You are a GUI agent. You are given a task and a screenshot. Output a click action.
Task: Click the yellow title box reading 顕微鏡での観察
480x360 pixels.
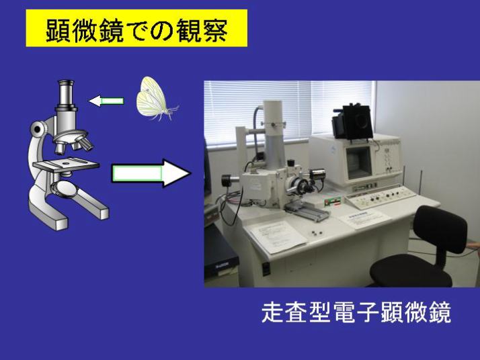tap(136, 28)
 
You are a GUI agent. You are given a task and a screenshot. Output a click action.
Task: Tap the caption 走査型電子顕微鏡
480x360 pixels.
tap(356, 312)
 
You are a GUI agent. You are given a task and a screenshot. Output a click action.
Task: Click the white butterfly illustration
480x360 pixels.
tap(157, 99)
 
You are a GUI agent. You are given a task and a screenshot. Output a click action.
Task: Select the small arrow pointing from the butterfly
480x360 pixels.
tap(106, 101)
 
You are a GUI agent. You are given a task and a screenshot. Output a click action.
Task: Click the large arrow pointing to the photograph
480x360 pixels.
tap(151, 173)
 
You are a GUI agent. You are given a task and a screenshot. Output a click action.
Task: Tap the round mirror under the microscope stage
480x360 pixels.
tap(65, 188)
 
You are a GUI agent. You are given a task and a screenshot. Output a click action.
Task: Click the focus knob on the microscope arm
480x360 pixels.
tap(38, 130)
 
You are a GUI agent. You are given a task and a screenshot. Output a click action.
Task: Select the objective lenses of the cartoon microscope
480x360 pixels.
tap(73, 144)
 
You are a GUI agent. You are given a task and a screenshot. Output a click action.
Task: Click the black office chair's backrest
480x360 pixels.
tap(440, 229)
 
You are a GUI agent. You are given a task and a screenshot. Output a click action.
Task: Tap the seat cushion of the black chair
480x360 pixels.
tap(411, 271)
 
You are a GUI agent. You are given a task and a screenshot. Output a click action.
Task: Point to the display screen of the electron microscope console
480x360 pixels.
tap(359, 163)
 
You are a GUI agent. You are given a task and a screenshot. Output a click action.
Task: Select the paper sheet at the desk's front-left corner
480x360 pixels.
tap(278, 236)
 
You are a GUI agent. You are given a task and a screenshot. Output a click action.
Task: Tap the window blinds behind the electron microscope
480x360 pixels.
tap(289, 111)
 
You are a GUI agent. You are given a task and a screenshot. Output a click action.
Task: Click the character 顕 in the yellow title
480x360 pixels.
tap(58, 30)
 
